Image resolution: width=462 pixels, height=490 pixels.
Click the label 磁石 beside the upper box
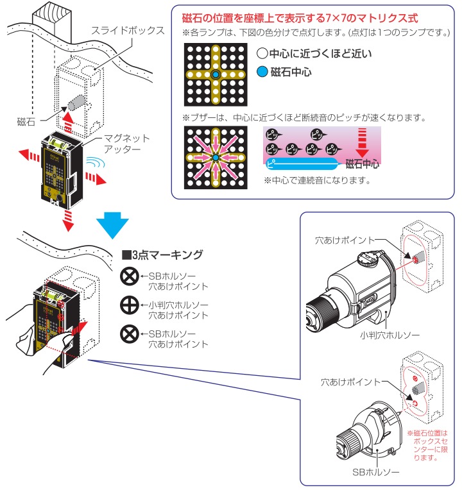[x=26, y=121]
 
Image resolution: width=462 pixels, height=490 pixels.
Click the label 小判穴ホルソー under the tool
[x=381, y=334]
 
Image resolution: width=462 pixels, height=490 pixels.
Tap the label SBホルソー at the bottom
[x=381, y=472]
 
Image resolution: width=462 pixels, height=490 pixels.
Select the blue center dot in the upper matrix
[x=215, y=75]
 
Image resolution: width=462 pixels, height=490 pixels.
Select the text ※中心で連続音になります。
[x=317, y=180]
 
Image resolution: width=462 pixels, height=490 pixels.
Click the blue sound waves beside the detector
[x=96, y=164]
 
